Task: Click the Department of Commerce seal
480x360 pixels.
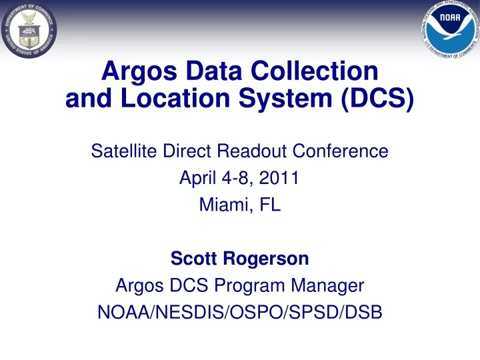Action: [x=29, y=30]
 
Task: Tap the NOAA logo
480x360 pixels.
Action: [x=450, y=30]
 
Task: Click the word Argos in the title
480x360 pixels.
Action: [x=139, y=72]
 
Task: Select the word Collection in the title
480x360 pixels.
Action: [x=315, y=71]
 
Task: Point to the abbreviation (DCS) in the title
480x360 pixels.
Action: [x=377, y=99]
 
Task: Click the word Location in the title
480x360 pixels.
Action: [x=175, y=98]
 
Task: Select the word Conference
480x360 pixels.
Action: [x=341, y=151]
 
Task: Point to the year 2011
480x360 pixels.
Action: [x=279, y=177]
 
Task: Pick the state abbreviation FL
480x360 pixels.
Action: [x=270, y=205]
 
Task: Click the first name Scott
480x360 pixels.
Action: [x=193, y=259]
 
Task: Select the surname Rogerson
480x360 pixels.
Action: [x=266, y=259]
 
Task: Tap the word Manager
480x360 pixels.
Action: [x=327, y=285]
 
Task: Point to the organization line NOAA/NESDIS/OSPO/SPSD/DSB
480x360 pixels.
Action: [x=240, y=312]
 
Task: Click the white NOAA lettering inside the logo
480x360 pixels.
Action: [x=450, y=17]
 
